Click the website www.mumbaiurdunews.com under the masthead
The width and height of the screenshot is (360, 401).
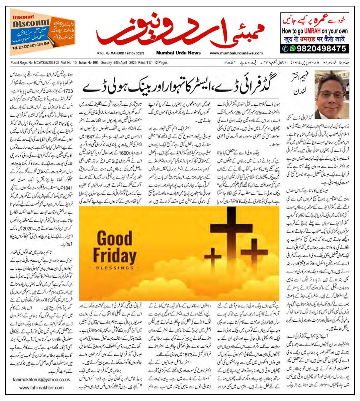236,53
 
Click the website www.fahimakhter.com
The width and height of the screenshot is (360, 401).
41,388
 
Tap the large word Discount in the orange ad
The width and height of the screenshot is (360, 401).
31,23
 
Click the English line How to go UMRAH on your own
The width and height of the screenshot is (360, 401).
315,31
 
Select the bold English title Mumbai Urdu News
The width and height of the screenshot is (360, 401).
178,53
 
